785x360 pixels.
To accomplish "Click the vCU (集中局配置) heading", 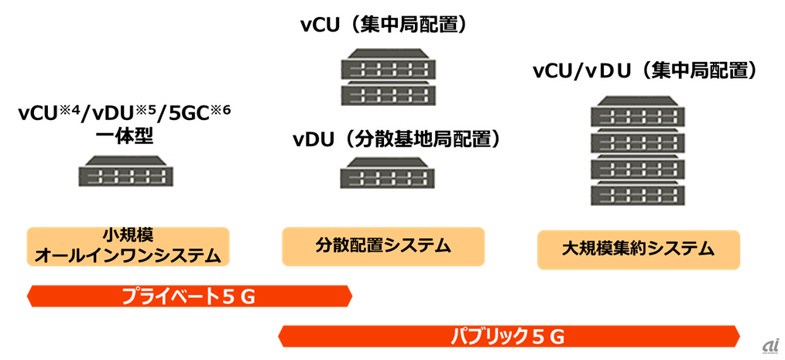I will [x=385, y=25].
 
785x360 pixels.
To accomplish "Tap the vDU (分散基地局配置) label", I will [x=396, y=139].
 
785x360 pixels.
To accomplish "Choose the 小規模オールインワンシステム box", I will [x=129, y=245].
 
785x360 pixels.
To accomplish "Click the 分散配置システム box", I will [x=383, y=246].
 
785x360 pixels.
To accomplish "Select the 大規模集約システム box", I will [x=639, y=249].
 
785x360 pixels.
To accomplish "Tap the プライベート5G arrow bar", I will [x=189, y=296].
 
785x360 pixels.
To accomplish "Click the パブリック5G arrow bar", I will [x=509, y=336].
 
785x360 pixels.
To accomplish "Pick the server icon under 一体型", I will [x=125, y=170].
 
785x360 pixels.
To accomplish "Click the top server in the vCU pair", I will [x=388, y=63].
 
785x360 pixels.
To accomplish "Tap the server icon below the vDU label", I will [x=388, y=173].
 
